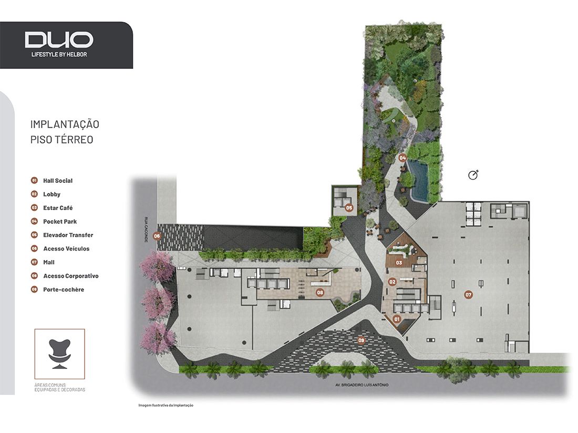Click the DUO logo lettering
pos(59,40)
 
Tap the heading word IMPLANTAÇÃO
pos(65,125)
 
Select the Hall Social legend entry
pos(58,181)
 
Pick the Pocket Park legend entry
pos(60,222)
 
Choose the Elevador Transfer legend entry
pos(68,235)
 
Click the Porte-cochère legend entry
pos(64,290)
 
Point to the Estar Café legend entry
pos(58,208)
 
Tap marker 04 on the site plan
pos(402,158)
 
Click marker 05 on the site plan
pos(349,208)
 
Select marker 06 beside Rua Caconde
pos(157,236)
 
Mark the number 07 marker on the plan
pos(468,294)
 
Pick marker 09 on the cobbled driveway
pos(361,340)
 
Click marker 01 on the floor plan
pos(397,318)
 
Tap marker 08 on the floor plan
pos(319,292)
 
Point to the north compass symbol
pos(473,175)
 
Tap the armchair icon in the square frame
pos(59,353)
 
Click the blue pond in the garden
pos(419,180)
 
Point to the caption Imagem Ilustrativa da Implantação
pos(166,405)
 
